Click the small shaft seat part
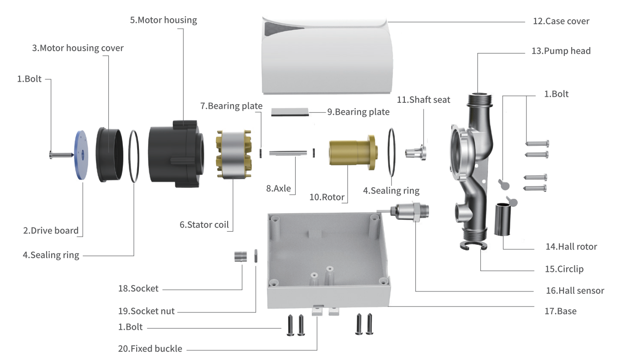417,152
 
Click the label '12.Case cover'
561,21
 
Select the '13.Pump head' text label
561,51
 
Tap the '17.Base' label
560,311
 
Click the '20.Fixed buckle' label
150,349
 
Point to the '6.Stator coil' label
204,225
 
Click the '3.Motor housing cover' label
77,48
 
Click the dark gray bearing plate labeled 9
290,112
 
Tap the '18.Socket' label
138,288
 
